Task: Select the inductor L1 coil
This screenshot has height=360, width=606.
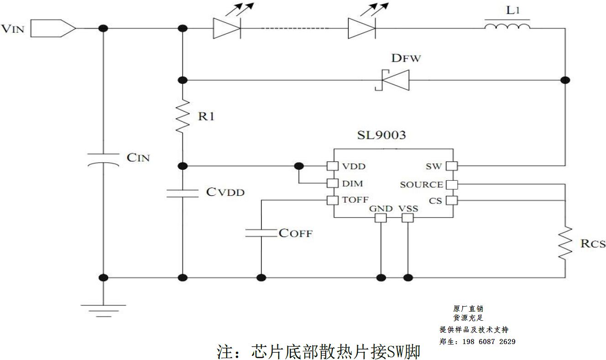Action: pyautogui.click(x=507, y=26)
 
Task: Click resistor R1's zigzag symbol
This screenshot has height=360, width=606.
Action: pyautogui.click(x=183, y=117)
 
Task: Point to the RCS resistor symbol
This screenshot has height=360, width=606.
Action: pyautogui.click(x=565, y=243)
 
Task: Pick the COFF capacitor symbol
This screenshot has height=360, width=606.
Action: pyautogui.click(x=261, y=233)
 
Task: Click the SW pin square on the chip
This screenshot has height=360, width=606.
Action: pyautogui.click(x=452, y=166)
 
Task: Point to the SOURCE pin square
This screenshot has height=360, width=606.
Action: pyautogui.click(x=452, y=184)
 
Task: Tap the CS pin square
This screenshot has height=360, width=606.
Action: pyautogui.click(x=452, y=200)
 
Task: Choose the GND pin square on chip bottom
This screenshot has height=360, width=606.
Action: pyautogui.click(x=380, y=218)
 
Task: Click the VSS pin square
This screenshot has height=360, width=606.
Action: pyautogui.click(x=407, y=218)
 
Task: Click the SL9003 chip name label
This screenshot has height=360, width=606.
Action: pyautogui.click(x=381, y=135)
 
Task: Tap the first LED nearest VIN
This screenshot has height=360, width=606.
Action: pyautogui.click(x=227, y=28)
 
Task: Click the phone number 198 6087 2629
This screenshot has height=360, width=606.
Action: pyautogui.click(x=489, y=342)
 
